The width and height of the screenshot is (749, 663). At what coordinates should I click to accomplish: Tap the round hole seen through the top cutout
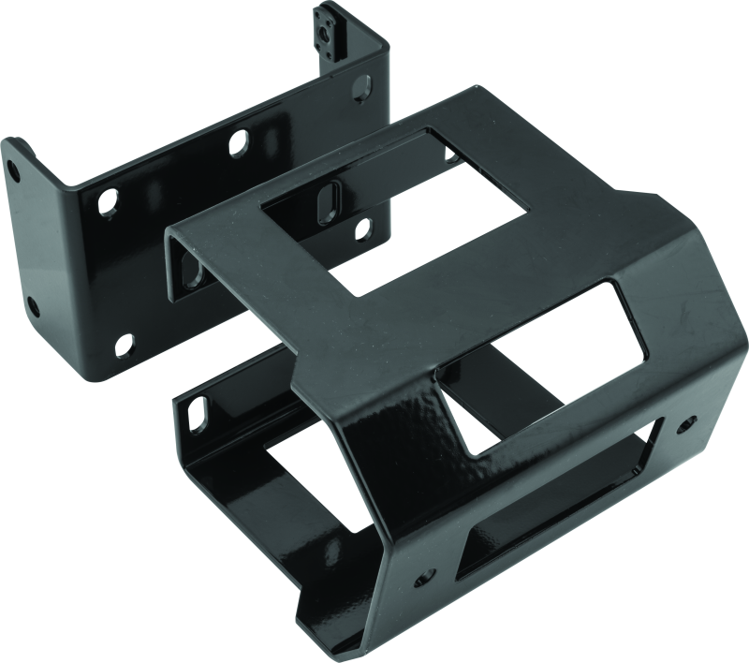pyautogui.click(x=359, y=228)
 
